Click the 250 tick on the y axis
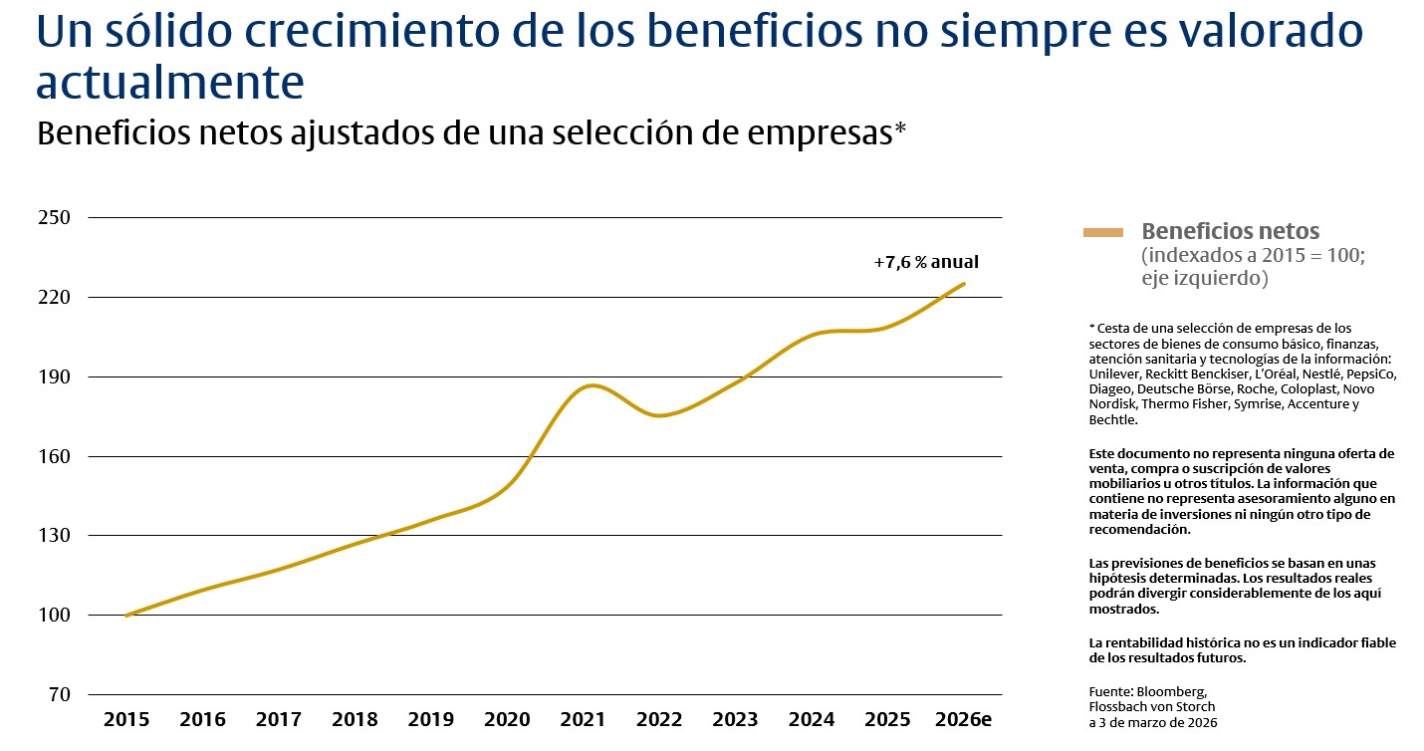(53, 217)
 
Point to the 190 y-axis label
(53, 376)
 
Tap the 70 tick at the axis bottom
(59, 694)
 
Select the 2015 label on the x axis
(126, 719)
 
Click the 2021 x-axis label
(583, 719)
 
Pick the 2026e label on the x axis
(964, 719)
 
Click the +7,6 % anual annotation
(926, 263)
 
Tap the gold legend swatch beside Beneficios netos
(1103, 232)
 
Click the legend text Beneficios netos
(1230, 231)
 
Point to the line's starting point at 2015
(126, 616)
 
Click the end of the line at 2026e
(964, 284)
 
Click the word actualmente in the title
(169, 84)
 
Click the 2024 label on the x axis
(812, 719)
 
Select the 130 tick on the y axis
(53, 535)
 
